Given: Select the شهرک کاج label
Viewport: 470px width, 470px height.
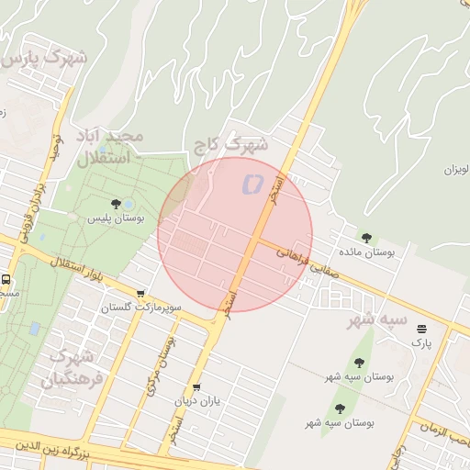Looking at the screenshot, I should point(230,144).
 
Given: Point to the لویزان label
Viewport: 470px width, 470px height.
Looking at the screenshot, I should point(456,170).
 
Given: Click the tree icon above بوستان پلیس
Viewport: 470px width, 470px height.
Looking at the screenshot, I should point(116,204).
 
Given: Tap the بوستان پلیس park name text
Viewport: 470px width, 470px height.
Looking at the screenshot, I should point(109,219).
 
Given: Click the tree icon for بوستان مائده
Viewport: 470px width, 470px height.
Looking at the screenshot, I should point(367,237).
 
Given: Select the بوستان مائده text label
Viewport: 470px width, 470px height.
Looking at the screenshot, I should point(365,252).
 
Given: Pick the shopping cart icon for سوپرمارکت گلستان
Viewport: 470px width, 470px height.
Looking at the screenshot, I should point(140,294).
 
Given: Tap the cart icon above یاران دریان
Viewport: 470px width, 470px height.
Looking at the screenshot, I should point(196,387).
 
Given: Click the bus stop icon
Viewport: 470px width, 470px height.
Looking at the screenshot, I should point(7,280).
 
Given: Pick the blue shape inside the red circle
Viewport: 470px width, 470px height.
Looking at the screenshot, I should point(250,185).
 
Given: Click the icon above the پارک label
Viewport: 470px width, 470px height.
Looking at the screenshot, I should point(421,329).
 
